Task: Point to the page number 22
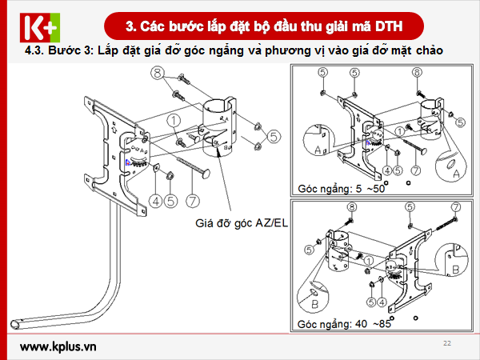pos(447,342)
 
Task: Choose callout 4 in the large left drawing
pos(155,199)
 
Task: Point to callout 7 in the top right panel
pos(415,170)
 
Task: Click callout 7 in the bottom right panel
pos(455,207)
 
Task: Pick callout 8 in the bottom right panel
pos(350,207)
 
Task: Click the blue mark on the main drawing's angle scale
pos(127,161)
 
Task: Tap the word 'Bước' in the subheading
pos(63,50)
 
